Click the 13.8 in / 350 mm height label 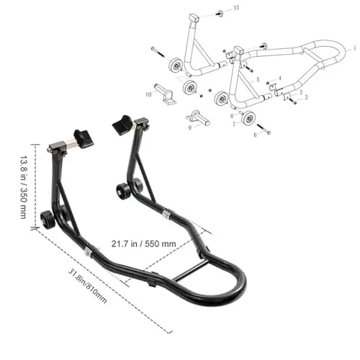[23, 187]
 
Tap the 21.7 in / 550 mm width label [143, 244]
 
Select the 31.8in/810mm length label [88, 286]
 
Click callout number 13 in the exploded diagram [236, 8]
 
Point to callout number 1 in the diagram [354, 48]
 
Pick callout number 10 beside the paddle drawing [148, 94]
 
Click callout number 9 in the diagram [190, 128]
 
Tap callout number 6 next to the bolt [255, 135]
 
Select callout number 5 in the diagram [258, 79]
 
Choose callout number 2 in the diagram [306, 97]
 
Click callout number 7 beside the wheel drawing [233, 124]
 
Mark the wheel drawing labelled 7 [248, 118]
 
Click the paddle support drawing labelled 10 [166, 94]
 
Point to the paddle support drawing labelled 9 [198, 118]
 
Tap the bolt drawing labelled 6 [264, 129]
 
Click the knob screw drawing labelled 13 [220, 14]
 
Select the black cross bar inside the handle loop [190, 271]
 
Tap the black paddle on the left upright [84, 138]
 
